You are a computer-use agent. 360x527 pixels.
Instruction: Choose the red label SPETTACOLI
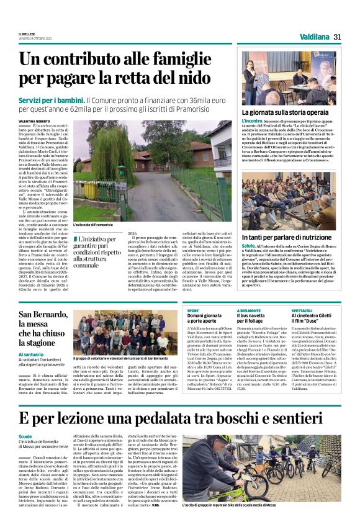click(x=301, y=309)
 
